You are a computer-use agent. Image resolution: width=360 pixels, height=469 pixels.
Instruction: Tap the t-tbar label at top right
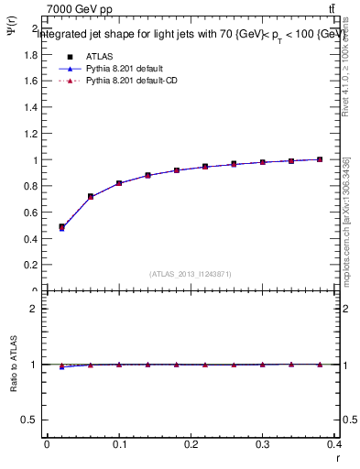click(x=331, y=9)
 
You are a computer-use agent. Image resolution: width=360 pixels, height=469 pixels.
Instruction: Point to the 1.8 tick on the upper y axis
click(x=29, y=55)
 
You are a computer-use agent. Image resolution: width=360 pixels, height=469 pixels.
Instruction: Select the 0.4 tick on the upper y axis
click(x=29, y=239)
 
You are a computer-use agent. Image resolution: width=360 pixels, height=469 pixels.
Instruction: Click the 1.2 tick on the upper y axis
click(x=29, y=134)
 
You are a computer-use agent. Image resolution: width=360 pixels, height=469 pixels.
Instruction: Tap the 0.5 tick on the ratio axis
click(x=29, y=420)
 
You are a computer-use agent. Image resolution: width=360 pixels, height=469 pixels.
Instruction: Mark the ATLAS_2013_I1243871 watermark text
click(x=190, y=274)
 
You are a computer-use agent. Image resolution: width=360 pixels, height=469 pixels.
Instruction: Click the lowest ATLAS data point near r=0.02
click(x=61, y=227)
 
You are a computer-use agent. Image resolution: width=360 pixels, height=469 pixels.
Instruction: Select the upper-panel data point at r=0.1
click(x=119, y=183)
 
